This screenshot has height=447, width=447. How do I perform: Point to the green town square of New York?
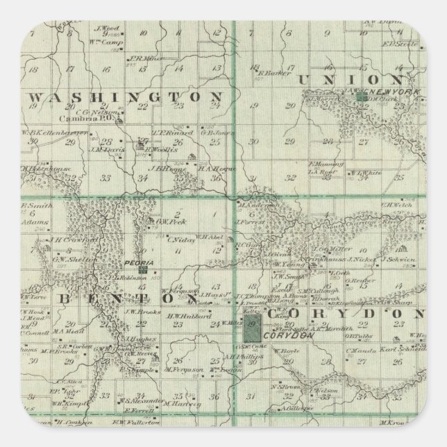pos(361,99)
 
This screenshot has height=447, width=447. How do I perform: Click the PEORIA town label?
pos(132,264)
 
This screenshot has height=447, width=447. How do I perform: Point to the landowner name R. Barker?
pos(271,71)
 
